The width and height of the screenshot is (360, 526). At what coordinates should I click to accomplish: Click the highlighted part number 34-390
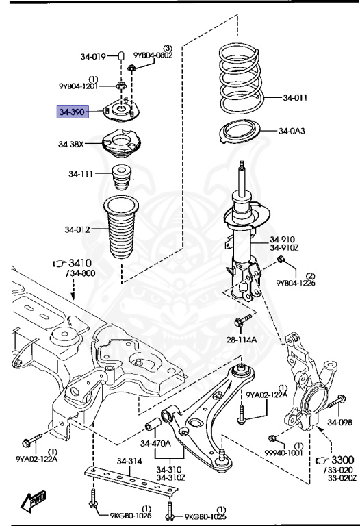point(72,112)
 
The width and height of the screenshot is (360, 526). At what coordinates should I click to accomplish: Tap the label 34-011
point(295,98)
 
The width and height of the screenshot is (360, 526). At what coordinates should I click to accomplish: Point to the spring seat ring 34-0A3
point(240,132)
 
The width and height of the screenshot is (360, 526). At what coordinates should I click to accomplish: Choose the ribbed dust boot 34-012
point(121,227)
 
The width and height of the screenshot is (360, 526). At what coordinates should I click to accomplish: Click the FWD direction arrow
point(34,501)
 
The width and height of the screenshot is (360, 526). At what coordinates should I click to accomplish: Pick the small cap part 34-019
point(122,55)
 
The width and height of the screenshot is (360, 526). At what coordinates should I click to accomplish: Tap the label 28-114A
point(242,340)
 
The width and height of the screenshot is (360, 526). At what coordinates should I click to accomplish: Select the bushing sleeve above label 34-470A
point(153,424)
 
